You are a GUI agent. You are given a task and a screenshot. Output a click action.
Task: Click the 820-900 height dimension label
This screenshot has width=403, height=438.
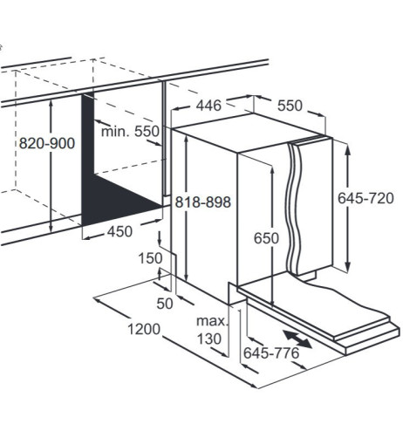[47, 143]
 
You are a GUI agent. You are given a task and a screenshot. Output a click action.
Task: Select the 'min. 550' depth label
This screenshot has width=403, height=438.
[130, 132]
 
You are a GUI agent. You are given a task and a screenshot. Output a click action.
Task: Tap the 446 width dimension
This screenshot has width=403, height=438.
[208, 106]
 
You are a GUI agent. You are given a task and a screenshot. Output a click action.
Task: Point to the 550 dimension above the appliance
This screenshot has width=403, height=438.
[290, 106]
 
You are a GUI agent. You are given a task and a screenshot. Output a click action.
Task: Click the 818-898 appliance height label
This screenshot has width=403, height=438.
[203, 202]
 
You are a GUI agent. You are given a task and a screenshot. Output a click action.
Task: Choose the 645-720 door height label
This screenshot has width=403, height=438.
[365, 198]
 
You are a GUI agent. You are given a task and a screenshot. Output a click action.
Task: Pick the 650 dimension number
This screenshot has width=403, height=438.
[266, 238]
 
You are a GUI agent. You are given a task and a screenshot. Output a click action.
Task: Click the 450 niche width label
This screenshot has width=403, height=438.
[120, 232]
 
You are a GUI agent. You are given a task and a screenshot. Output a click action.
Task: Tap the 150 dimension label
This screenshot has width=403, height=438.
[150, 258]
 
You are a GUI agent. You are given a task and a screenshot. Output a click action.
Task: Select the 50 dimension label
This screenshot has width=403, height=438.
[165, 304]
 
